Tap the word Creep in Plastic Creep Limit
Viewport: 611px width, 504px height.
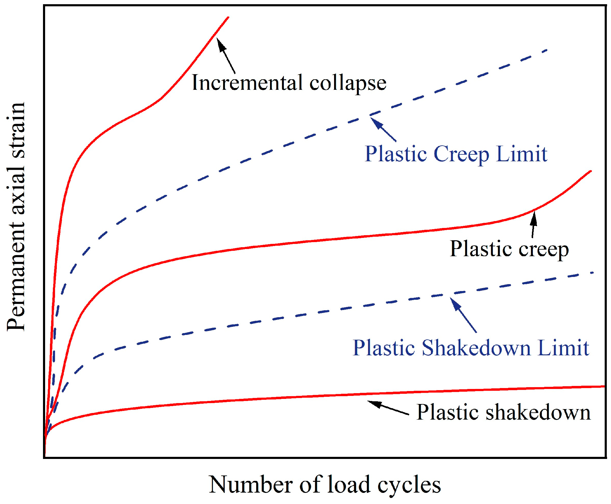click(461, 154)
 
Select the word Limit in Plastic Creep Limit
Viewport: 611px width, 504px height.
click(522, 154)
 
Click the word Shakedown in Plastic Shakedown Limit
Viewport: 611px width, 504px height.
click(476, 348)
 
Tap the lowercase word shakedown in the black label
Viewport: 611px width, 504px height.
click(538, 413)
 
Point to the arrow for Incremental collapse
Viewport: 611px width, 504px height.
click(226, 56)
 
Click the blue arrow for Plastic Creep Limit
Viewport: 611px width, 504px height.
click(383, 129)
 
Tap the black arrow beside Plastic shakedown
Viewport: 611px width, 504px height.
click(388, 408)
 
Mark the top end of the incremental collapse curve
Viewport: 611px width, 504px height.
click(228, 17)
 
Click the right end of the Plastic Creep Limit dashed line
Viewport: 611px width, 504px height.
click(546, 50)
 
